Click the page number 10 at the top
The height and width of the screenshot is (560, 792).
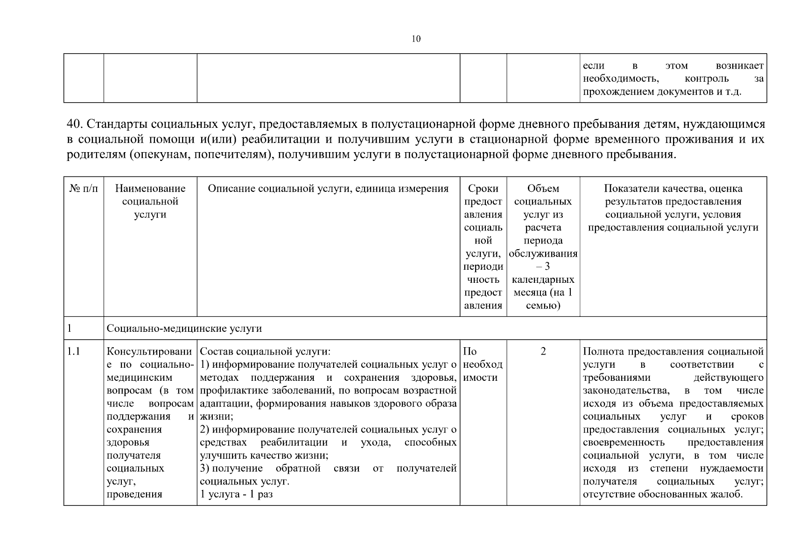(416, 39)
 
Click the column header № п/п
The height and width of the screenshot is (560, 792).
(84, 189)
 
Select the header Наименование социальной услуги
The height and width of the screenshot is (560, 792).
(150, 202)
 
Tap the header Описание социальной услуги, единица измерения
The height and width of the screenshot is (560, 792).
(328, 189)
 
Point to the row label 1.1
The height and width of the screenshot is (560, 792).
(73, 351)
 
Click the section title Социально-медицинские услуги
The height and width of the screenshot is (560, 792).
(184, 329)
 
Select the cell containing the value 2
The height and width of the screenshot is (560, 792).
(543, 351)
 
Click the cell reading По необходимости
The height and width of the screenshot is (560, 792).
(483, 364)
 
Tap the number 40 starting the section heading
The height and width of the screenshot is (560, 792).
(75, 124)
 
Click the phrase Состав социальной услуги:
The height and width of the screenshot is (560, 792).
(265, 351)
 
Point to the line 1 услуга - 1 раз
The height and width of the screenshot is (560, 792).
(236, 494)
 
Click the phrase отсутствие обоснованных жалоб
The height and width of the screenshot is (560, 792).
(662, 494)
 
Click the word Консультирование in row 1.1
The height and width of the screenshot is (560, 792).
(149, 351)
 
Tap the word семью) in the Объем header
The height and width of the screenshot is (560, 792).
(543, 306)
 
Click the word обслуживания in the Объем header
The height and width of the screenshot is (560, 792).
(543, 254)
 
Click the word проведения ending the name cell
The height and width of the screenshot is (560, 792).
(134, 494)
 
